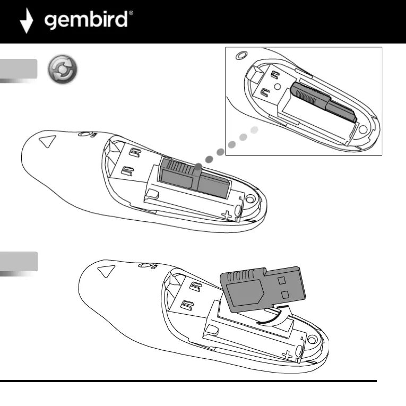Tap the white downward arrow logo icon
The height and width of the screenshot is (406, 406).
(x=27, y=22)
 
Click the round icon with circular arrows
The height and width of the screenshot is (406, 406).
(x=62, y=70)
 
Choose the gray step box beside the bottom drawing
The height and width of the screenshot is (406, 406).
(x=19, y=262)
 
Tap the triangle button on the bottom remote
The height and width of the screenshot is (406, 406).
(x=106, y=272)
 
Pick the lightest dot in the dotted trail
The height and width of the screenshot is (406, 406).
(x=255, y=129)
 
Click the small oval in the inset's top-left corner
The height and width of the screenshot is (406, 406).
(x=241, y=55)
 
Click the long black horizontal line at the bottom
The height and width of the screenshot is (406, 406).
(x=188, y=381)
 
